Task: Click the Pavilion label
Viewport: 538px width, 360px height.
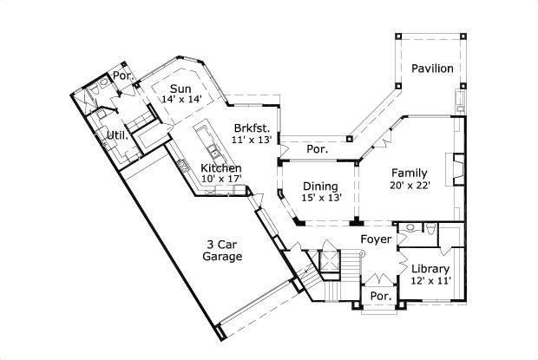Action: [x=432, y=69]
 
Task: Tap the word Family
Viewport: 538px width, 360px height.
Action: [x=409, y=172]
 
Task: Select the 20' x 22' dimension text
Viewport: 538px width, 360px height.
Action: [x=409, y=183]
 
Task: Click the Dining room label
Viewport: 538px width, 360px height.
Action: [x=320, y=186]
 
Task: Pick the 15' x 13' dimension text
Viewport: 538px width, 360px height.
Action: [x=320, y=198]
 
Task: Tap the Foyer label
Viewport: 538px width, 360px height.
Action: [x=377, y=239]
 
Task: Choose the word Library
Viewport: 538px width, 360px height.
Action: [x=430, y=269]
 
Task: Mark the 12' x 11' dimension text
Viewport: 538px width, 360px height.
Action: [x=430, y=281]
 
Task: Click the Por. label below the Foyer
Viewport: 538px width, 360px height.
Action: [x=380, y=297]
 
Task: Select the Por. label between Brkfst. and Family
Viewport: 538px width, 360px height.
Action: [x=317, y=149]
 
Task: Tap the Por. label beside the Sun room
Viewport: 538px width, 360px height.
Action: [x=124, y=76]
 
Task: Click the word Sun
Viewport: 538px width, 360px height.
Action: [x=180, y=88]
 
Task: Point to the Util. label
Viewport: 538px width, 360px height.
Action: [x=117, y=135]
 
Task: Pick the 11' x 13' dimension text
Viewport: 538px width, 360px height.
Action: [x=252, y=139]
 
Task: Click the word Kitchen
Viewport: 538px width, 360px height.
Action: [x=220, y=167]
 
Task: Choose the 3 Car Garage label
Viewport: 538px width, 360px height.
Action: [x=222, y=250]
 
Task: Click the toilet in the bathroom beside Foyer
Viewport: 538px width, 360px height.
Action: [x=431, y=231]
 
